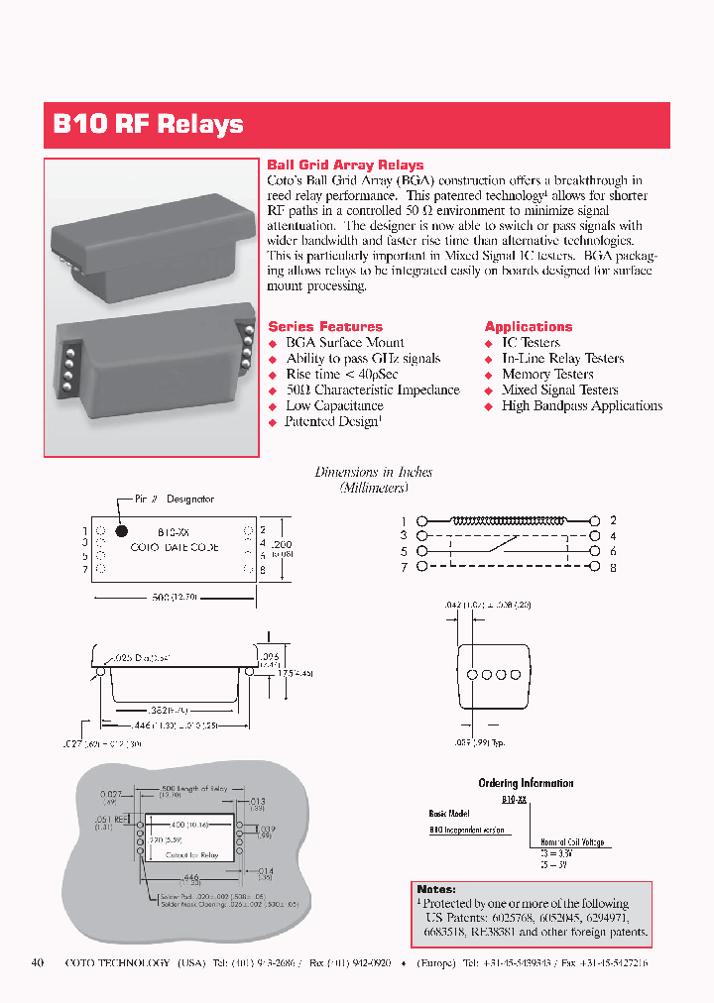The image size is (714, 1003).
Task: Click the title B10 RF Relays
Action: [x=148, y=125]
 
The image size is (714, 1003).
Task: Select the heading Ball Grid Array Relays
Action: [x=345, y=166]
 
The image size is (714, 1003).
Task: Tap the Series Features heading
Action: [x=325, y=326]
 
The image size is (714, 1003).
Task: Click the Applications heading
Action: [x=528, y=326]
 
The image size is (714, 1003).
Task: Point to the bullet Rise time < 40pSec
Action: [x=342, y=375]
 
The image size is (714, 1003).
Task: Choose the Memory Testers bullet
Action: [x=547, y=375]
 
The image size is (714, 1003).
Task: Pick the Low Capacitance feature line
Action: [x=334, y=406]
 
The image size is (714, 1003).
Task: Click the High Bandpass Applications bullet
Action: [x=582, y=406]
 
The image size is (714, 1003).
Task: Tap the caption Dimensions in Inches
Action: [x=374, y=473]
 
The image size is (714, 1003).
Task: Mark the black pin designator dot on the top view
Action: [x=115, y=527]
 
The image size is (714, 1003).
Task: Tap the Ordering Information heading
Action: [x=526, y=783]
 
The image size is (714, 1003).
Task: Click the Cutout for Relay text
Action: [x=191, y=854]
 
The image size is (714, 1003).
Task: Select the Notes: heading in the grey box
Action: [x=436, y=889]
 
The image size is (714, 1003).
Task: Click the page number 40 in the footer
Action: [x=38, y=962]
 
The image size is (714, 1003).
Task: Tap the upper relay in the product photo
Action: [x=149, y=238]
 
